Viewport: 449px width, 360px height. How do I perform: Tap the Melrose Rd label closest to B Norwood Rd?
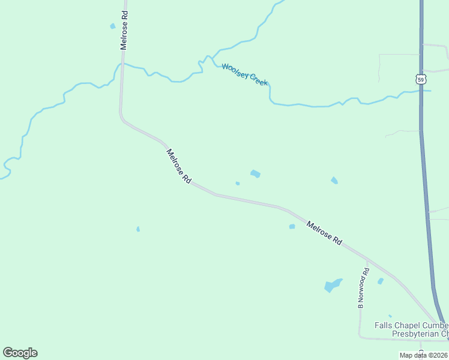coord(324,233)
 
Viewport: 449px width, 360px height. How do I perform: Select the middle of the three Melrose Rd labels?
coord(178,166)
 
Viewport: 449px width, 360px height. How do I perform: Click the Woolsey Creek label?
coord(244,74)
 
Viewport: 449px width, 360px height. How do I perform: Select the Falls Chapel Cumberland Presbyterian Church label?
coord(412,329)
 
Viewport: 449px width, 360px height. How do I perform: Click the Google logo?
coord(20,353)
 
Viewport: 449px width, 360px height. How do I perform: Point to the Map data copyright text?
coord(423,355)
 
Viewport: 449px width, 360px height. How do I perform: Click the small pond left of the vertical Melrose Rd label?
coord(112,26)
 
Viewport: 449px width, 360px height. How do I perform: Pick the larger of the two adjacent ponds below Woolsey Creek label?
coord(255,174)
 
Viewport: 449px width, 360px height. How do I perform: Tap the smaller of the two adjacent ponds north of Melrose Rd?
coord(238,184)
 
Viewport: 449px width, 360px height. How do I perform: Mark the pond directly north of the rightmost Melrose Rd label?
coord(334,180)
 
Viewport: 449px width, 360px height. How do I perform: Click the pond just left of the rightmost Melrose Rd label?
coord(292,226)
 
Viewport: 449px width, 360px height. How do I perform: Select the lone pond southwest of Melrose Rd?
coord(138,229)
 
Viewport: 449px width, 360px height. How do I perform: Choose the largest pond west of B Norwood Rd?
coord(332,286)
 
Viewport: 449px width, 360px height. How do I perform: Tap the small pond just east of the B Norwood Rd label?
coord(380,281)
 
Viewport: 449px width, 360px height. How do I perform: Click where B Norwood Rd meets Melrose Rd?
coord(367,260)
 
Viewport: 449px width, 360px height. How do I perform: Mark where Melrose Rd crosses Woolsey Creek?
coord(122,63)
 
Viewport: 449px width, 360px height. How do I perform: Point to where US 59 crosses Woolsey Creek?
coord(421,91)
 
